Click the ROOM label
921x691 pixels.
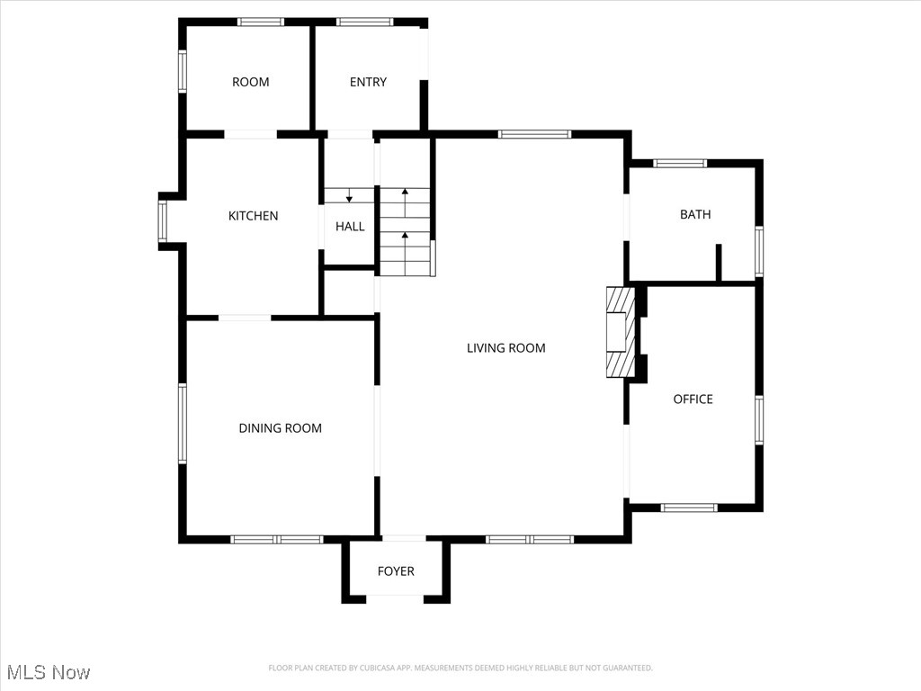tap(250, 82)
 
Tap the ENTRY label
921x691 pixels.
tap(368, 82)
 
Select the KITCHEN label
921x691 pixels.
tap(253, 216)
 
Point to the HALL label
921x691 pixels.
tap(350, 227)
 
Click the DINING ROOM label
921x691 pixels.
tap(280, 428)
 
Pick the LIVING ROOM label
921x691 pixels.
tap(505, 348)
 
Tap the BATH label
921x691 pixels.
tap(694, 214)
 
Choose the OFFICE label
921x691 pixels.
tap(693, 399)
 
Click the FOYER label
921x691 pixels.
tap(396, 571)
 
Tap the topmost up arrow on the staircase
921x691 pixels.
tap(405, 193)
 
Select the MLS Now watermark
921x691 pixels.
tap(49, 672)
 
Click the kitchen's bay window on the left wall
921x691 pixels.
tap(163, 220)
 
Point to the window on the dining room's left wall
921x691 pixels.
tap(182, 424)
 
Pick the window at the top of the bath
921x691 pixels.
tap(680, 164)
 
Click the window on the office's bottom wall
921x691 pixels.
tap(689, 507)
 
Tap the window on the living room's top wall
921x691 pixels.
tap(534, 134)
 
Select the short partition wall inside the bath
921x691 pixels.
tap(719, 262)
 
